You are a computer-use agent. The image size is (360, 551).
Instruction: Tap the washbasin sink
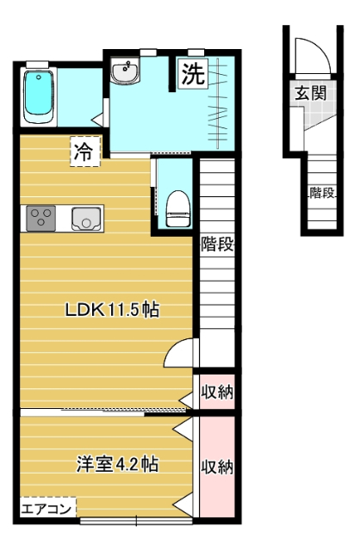[x=126, y=71]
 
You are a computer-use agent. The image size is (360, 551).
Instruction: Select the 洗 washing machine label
[x=193, y=73]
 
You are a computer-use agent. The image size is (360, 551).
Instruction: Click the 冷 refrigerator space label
[x=85, y=152]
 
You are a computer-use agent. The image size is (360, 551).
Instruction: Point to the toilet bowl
[x=178, y=208]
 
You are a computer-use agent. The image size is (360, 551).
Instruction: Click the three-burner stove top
[x=41, y=218]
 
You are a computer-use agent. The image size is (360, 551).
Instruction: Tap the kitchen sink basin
[x=86, y=219]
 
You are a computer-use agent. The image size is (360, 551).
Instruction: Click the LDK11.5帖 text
[x=112, y=310]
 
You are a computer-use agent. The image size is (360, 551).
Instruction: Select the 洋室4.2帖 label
[x=117, y=464]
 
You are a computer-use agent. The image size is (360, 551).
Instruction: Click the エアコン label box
[x=48, y=508]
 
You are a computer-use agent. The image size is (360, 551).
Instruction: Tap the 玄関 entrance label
[x=311, y=94]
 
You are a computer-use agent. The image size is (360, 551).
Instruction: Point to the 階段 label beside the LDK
[x=217, y=245]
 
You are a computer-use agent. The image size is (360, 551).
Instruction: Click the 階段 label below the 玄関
[x=322, y=192]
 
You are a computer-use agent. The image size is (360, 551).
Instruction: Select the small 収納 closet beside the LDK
[x=217, y=392]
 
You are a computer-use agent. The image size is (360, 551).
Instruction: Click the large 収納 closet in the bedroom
[x=217, y=467]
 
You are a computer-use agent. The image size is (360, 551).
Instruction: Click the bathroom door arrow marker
[x=97, y=121]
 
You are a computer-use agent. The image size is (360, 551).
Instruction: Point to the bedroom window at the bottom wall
[x=136, y=521]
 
